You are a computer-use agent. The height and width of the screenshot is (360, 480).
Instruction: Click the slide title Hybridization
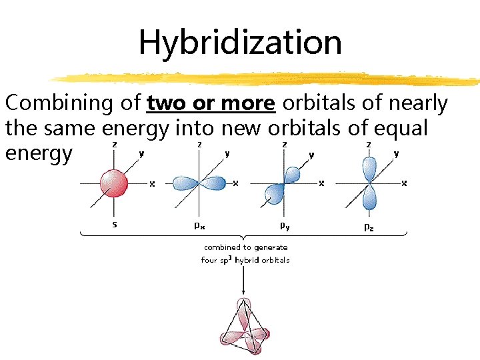[x=240, y=42]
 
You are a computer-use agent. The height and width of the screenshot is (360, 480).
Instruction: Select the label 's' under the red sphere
[x=115, y=225]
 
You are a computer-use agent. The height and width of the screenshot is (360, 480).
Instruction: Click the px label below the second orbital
[x=199, y=225]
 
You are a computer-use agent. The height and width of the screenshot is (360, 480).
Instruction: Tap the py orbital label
[x=284, y=226]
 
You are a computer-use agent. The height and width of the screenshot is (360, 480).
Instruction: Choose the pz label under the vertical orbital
[x=368, y=226]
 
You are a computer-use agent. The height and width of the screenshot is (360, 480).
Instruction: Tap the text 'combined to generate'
[x=245, y=247]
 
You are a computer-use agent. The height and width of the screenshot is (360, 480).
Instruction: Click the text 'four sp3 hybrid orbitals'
[x=245, y=260]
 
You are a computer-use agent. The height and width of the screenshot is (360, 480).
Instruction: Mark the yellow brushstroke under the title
[x=267, y=79]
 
